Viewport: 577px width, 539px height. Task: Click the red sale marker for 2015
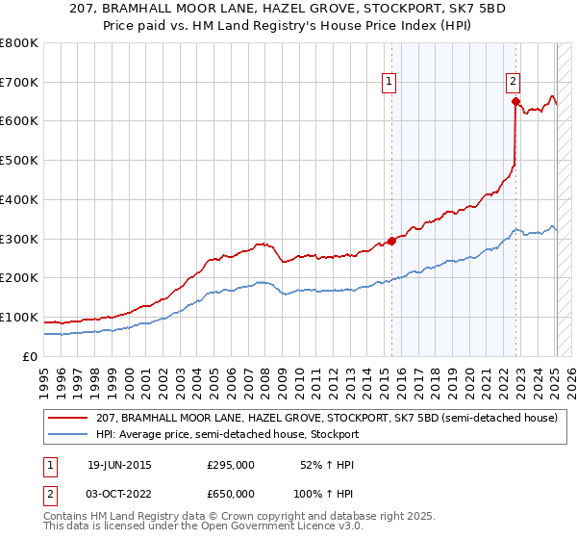click(391, 241)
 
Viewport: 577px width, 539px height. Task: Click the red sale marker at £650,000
click(516, 100)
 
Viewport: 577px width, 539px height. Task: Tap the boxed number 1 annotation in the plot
click(389, 82)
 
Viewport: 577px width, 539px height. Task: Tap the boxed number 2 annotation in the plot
click(514, 82)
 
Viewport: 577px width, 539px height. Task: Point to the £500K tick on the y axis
click(19, 161)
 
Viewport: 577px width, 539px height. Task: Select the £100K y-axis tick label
click(19, 317)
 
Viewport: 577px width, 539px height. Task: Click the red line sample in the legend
click(68, 419)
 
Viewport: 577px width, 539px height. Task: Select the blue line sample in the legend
click(68, 434)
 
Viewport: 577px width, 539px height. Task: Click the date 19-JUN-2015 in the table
click(119, 465)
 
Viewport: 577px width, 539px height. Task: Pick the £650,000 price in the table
click(231, 493)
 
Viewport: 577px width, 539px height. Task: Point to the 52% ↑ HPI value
click(328, 465)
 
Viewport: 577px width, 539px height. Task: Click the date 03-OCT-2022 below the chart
click(120, 493)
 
